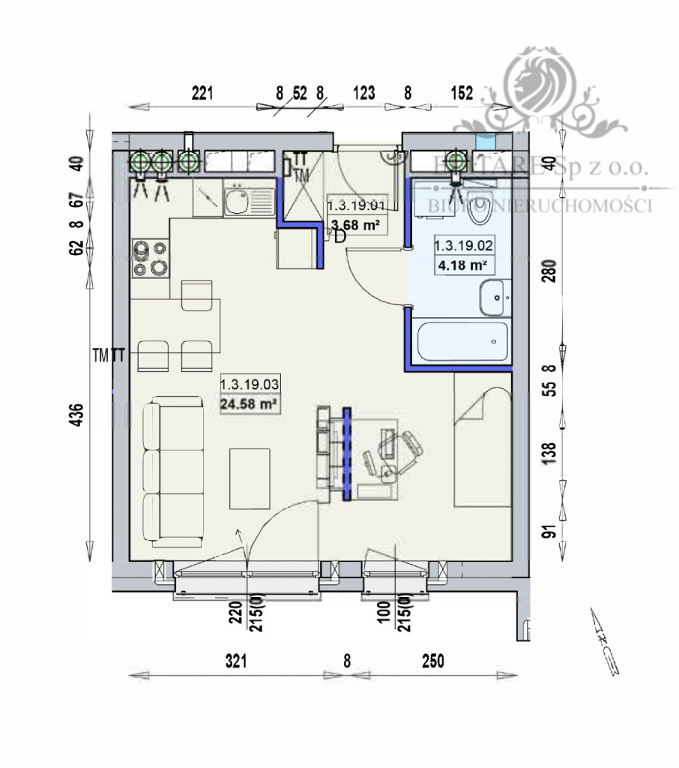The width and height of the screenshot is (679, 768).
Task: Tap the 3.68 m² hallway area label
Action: (356, 223)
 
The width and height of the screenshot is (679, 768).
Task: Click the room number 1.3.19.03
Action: (250, 385)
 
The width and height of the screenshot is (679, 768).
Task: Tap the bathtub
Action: (458, 342)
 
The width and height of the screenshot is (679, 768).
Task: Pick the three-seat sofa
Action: (173, 471)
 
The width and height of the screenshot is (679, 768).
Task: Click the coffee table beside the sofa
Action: (250, 478)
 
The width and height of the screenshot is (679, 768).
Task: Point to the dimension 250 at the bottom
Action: (432, 661)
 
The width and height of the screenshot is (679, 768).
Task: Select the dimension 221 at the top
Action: (202, 93)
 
